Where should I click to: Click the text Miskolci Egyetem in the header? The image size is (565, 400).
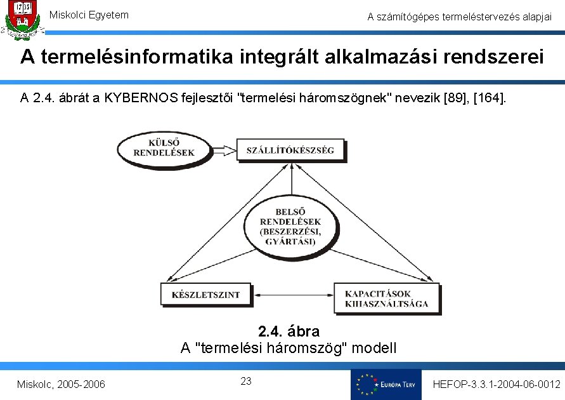89,15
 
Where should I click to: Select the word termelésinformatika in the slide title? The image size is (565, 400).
128,57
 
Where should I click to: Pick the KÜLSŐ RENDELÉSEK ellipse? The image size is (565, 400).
164,148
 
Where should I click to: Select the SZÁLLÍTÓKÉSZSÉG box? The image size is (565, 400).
290,150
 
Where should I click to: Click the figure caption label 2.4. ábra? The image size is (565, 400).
289,331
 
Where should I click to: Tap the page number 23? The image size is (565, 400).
247,381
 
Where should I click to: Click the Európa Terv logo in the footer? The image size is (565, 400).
386,385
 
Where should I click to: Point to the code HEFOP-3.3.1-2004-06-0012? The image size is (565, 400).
496,385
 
